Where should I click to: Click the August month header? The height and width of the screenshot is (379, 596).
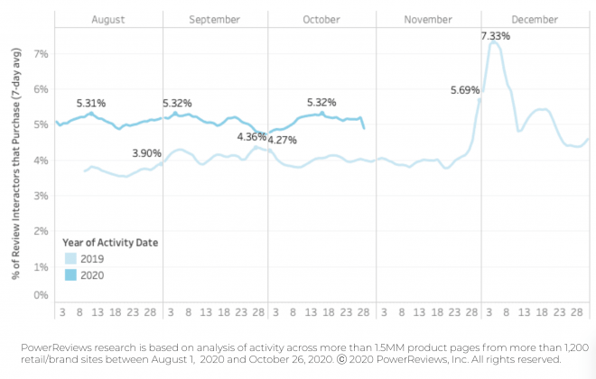coord(108,19)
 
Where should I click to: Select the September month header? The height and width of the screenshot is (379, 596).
coord(215,19)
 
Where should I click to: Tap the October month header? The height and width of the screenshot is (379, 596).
coord(321,19)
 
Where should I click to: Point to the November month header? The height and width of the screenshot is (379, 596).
coord(427,19)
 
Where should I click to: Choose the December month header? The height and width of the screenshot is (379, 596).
coord(534,19)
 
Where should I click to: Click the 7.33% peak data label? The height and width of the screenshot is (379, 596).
coord(496,36)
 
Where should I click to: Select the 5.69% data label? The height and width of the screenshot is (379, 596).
coord(466,89)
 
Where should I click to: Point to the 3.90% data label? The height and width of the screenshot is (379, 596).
coord(146,153)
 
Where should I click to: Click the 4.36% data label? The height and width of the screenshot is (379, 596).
coord(251,136)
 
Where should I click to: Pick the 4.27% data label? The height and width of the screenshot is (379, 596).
coord(282,140)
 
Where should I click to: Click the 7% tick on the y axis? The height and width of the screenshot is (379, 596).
coord(41,54)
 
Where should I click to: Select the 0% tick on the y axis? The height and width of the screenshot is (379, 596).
coord(41,295)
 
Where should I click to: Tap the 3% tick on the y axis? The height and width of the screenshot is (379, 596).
coord(41,196)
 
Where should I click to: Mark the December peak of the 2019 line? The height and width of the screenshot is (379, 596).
coord(493,42)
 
